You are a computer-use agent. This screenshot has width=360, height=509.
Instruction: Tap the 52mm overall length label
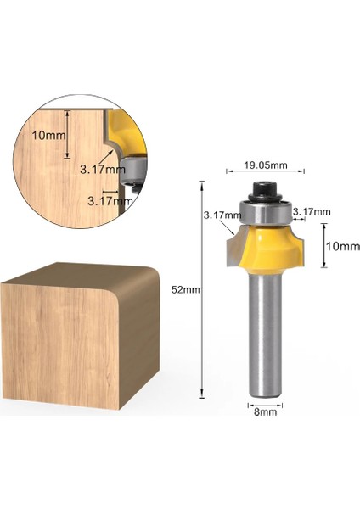pyautogui.click(x=186, y=289)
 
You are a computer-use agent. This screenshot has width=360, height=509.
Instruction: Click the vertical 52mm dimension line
pyautogui.click(x=202, y=289)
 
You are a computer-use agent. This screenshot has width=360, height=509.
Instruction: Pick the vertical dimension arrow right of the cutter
pyautogui.click(x=323, y=245)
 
